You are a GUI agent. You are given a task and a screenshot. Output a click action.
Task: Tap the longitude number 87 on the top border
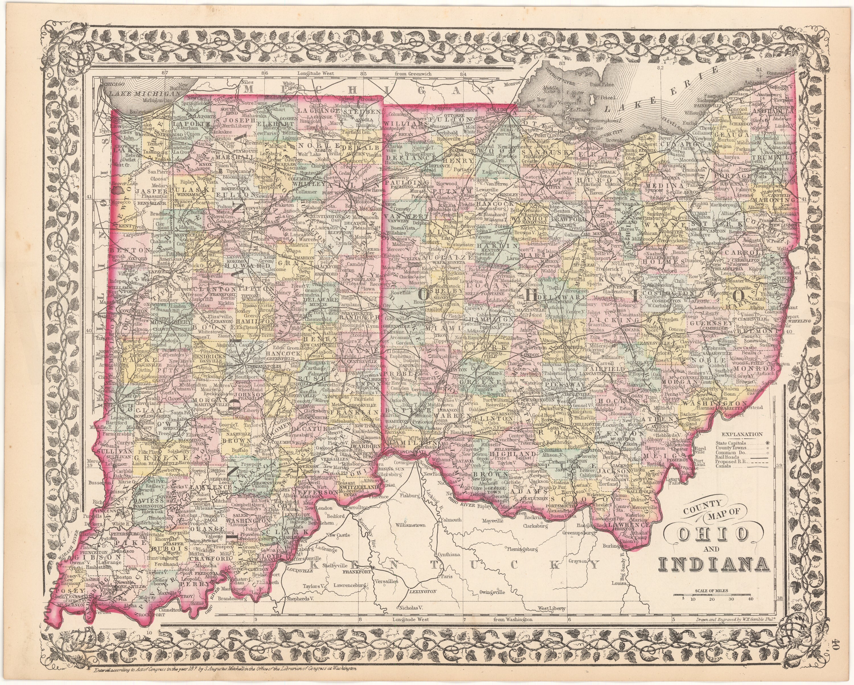point(165,73)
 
